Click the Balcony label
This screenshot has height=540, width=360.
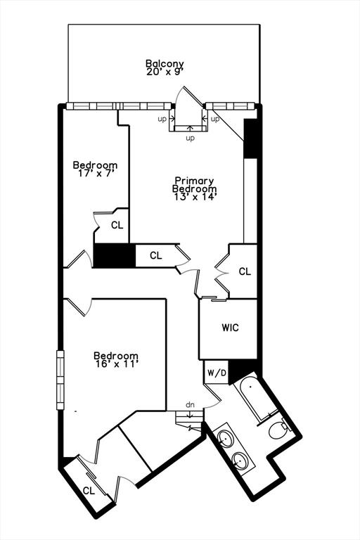click(x=165, y=64)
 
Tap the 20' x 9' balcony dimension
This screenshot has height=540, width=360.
click(x=165, y=72)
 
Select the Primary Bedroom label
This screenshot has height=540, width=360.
click(x=194, y=185)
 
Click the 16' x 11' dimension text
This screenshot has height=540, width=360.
click(x=117, y=364)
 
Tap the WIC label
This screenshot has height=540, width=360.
click(x=230, y=328)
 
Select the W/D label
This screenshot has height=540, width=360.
click(x=217, y=373)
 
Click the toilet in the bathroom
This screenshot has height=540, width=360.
click(x=279, y=429)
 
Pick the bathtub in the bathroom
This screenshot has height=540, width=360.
click(x=255, y=399)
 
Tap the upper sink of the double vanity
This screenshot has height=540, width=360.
click(x=225, y=439)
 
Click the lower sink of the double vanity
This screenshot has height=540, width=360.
click(x=240, y=459)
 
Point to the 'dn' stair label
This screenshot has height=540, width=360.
click(x=190, y=405)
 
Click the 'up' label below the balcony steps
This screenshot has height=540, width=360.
click(x=190, y=139)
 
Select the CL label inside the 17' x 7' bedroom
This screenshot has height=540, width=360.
click(x=117, y=225)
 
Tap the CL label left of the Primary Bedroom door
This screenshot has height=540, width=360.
click(x=155, y=255)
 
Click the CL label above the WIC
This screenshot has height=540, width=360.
click(x=245, y=271)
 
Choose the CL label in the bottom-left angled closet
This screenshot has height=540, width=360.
click(x=89, y=491)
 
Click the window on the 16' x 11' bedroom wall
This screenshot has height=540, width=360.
click(x=60, y=380)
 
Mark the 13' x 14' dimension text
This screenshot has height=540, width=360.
click(x=195, y=197)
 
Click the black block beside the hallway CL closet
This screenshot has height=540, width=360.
click(x=115, y=255)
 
